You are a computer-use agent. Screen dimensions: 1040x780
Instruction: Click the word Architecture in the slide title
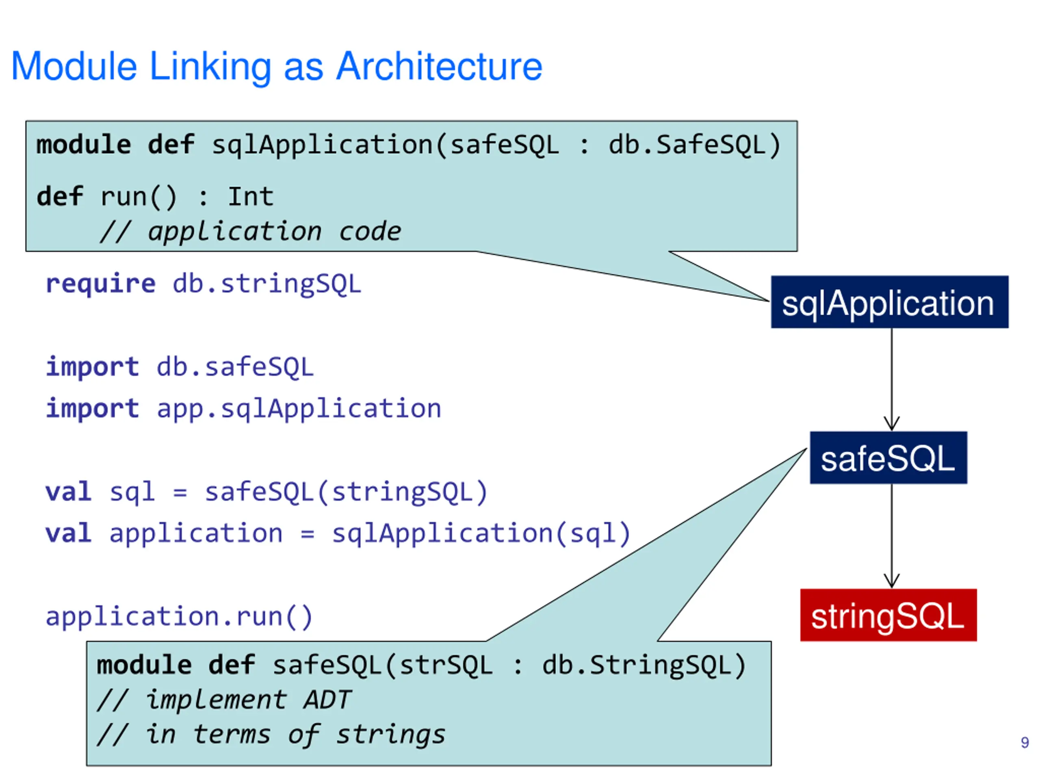pyautogui.click(x=440, y=66)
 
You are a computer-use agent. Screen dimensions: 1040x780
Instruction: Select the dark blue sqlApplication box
pyautogui.click(x=890, y=302)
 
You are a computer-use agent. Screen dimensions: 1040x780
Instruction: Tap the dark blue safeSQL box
pyautogui.click(x=888, y=457)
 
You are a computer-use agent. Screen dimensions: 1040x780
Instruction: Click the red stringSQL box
pyautogui.click(x=888, y=615)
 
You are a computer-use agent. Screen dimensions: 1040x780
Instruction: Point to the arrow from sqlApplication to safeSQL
pyautogui.click(x=891, y=379)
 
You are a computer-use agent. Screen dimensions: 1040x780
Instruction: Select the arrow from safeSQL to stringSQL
pyautogui.click(x=891, y=535)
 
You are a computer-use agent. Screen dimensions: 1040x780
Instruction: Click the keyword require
pyautogui.click(x=100, y=284)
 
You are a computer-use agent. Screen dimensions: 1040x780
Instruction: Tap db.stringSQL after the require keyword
pyautogui.click(x=267, y=284)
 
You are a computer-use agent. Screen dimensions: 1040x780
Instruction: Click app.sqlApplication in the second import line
pyautogui.click(x=299, y=409)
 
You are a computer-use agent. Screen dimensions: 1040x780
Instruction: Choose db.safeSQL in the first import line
pyautogui.click(x=235, y=367)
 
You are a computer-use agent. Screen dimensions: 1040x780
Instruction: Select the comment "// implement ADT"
pyautogui.click(x=224, y=700)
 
